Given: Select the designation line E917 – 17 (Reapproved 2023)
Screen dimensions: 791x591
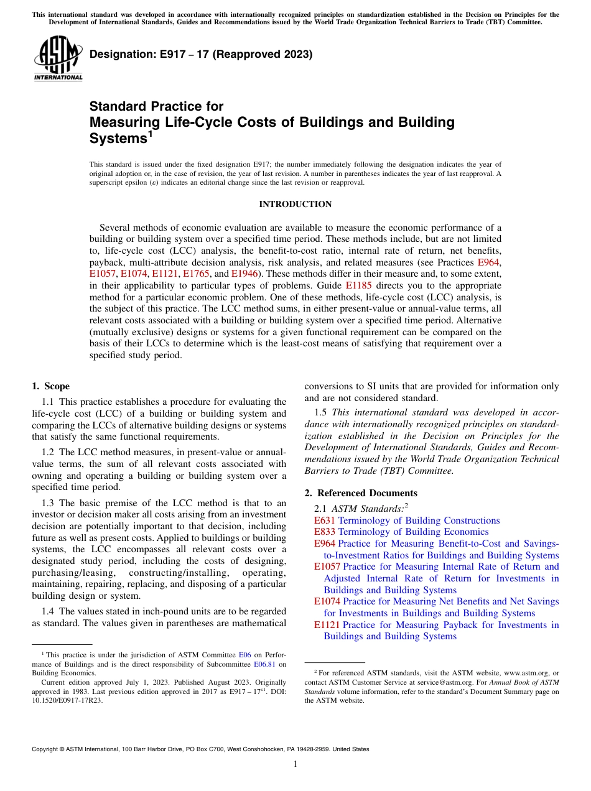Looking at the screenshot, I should point(201,54).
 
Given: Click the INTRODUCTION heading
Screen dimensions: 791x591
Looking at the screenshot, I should point(295,204).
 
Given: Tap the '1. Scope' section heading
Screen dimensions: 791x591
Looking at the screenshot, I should point(51,386).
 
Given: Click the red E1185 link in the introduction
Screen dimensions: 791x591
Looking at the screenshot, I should point(358,286).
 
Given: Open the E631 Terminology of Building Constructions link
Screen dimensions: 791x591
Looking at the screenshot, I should point(407,520).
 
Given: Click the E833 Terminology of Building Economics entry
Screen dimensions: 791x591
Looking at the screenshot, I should point(401,532).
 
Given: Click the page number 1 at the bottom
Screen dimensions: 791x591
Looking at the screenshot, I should point(295,764).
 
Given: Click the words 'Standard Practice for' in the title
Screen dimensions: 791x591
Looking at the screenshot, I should point(156,106).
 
